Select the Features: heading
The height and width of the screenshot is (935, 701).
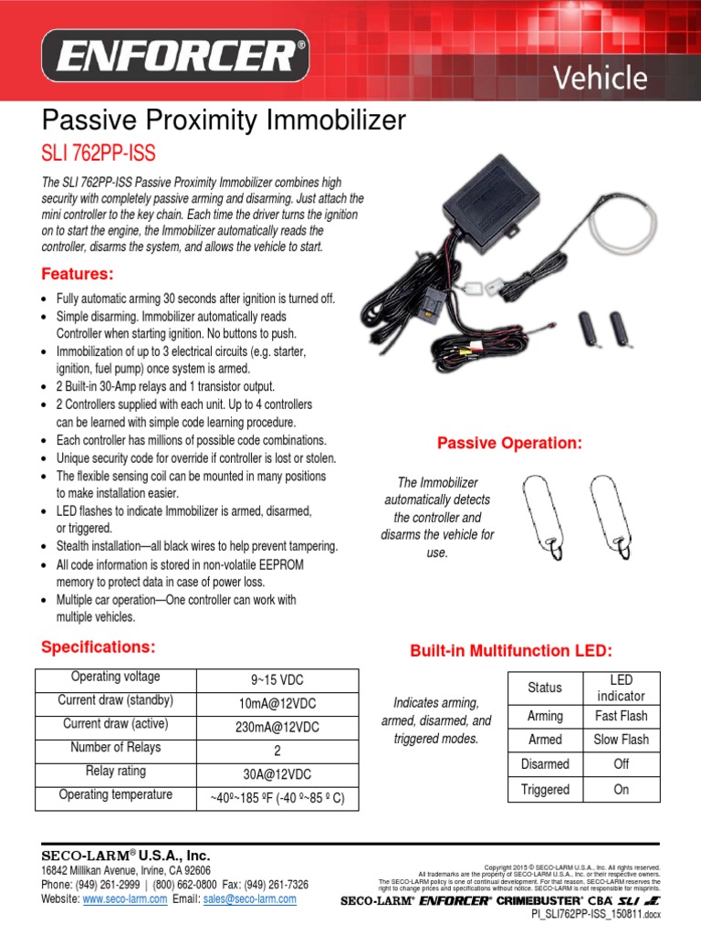[78, 274]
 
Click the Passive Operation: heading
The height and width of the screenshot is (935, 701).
[509, 443]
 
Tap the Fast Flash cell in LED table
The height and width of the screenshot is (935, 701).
[622, 716]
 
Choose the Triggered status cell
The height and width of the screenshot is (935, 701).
[545, 790]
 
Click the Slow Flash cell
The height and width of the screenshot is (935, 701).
[622, 740]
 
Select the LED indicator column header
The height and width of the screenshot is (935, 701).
[622, 688]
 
